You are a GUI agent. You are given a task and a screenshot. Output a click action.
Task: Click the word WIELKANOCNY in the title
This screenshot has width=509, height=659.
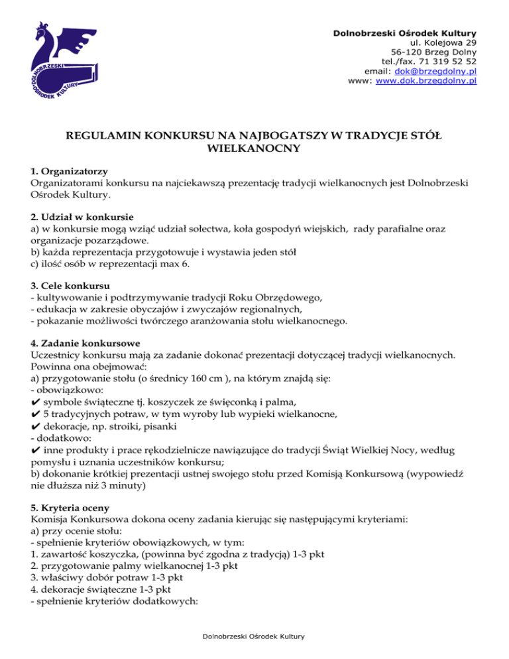[254, 149]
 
